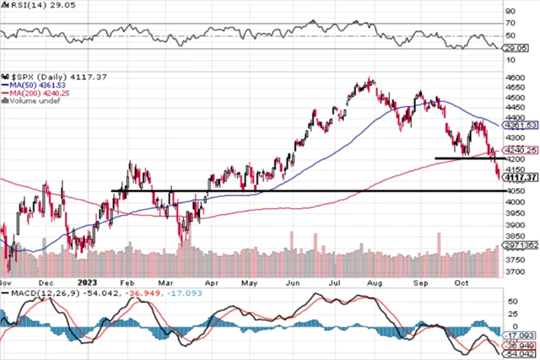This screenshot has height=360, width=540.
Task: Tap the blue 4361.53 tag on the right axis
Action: click(521, 125)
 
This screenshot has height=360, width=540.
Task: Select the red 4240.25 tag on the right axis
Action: click(521, 150)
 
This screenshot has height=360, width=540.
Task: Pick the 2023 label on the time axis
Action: click(89, 284)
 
